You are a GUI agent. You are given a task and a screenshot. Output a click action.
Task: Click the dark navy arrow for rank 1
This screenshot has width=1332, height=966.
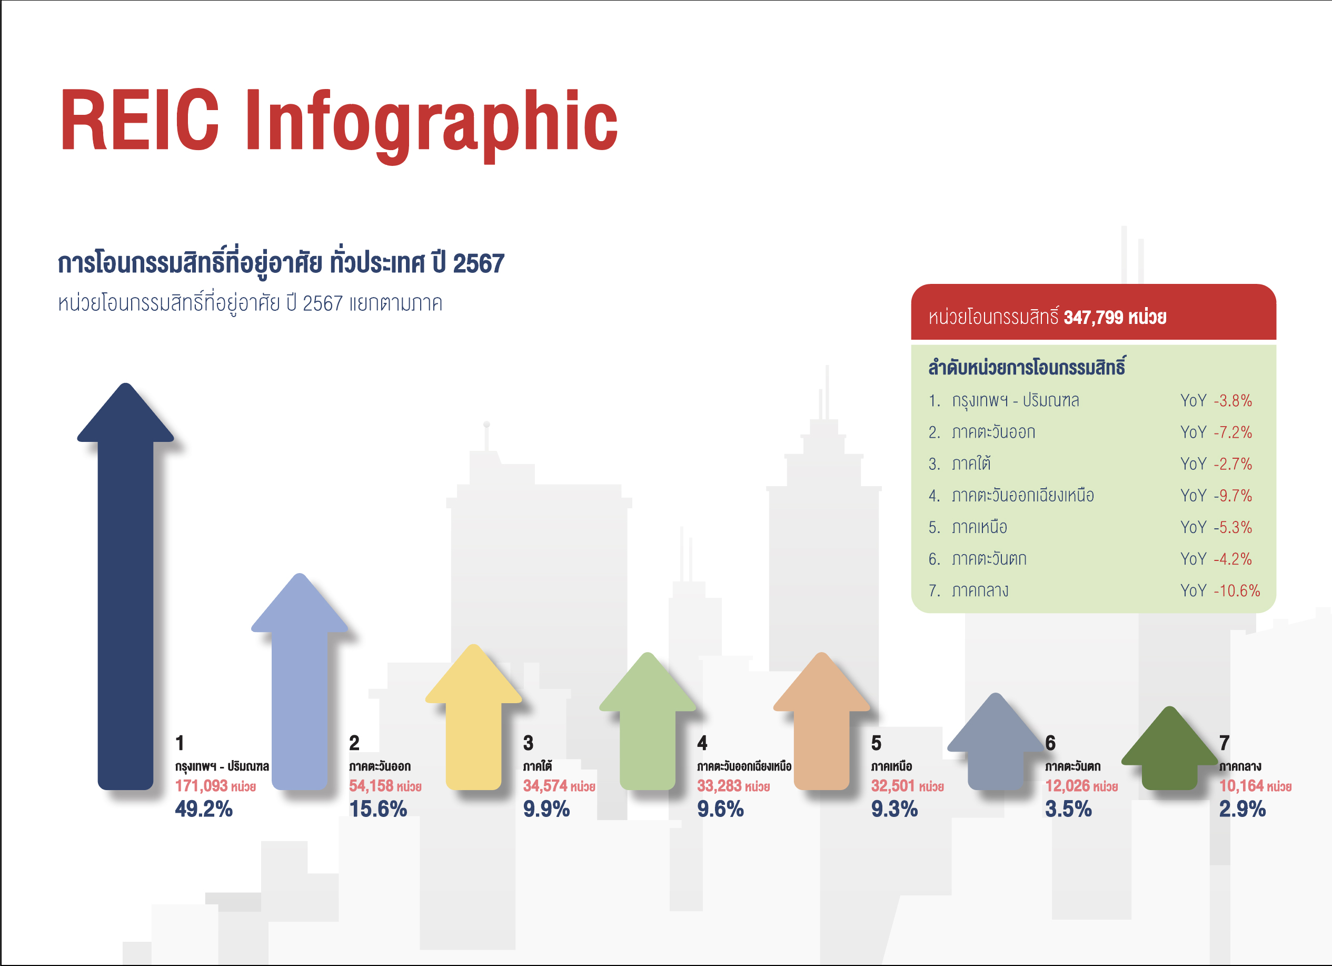click(x=125, y=588)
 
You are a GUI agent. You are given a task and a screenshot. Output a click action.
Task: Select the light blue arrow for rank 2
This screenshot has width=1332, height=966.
click(x=300, y=682)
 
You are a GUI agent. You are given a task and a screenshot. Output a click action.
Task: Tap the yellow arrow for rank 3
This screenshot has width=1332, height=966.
click(x=473, y=717)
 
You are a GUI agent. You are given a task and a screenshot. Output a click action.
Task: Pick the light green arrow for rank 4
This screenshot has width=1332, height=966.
click(x=647, y=722)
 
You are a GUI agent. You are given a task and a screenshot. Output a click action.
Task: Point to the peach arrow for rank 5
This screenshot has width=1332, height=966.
click(x=822, y=722)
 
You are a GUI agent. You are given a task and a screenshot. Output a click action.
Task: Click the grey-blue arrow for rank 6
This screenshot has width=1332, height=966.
click(x=996, y=742)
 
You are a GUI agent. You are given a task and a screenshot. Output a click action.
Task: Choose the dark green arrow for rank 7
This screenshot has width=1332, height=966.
click(x=1169, y=748)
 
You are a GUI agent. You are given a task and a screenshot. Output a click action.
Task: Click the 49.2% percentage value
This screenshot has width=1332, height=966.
click(x=204, y=810)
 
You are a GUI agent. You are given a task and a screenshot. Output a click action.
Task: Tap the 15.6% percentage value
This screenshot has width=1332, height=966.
click(x=377, y=810)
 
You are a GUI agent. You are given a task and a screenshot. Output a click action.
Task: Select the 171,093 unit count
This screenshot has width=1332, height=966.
click(x=201, y=786)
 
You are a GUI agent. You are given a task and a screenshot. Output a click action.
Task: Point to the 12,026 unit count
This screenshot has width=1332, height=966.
click(x=1067, y=786)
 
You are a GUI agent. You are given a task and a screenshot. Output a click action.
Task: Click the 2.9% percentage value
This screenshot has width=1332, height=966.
click(x=1242, y=810)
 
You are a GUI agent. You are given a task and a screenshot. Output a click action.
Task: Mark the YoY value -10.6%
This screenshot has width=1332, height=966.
click(x=1237, y=590)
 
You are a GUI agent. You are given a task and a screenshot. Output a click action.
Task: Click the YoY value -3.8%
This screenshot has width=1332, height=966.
click(x=1232, y=401)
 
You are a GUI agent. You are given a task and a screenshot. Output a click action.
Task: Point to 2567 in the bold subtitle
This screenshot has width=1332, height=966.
click(x=479, y=263)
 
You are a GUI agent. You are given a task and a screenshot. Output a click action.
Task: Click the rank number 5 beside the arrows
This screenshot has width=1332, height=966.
click(x=876, y=743)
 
